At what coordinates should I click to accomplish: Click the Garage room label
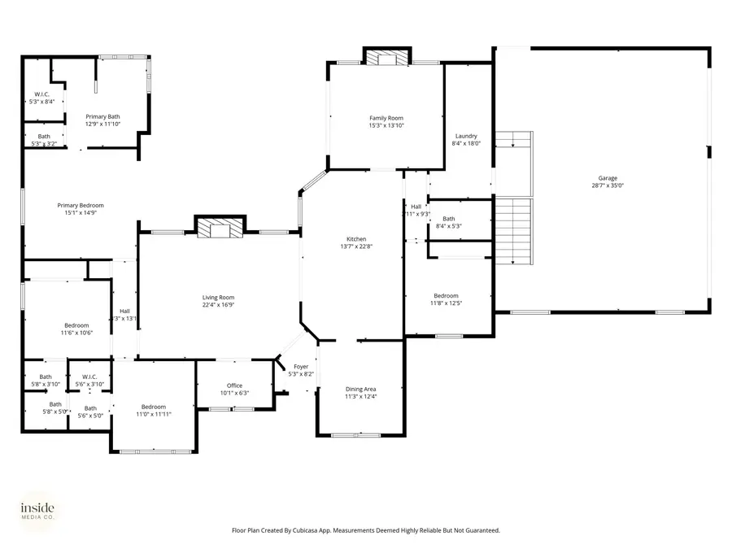608,178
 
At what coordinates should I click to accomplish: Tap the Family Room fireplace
386,58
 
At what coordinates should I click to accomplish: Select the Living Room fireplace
219,228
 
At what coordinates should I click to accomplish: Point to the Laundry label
466,136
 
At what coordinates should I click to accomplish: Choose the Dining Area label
360,390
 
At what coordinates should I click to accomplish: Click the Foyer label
301,367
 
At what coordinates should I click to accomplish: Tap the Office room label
234,386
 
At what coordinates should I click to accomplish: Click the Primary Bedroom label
80,206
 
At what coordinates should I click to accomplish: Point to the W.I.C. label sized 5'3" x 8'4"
41,95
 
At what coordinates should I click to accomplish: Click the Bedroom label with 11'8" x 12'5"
446,296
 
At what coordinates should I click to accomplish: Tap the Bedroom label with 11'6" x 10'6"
76,325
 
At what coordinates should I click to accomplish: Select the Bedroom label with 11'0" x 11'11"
153,407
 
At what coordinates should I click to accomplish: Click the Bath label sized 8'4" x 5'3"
449,219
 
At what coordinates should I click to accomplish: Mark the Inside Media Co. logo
38,511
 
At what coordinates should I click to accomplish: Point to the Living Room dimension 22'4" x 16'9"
218,305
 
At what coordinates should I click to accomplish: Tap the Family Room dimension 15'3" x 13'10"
386,125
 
